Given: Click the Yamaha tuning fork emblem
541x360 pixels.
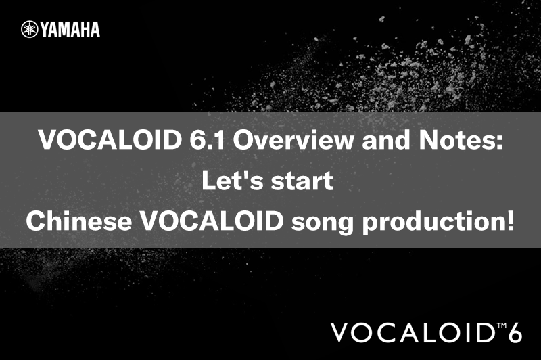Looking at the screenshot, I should point(29,29).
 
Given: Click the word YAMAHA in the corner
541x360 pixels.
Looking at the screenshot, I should point(70,29).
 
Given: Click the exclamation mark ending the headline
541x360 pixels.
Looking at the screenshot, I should point(509,221).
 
